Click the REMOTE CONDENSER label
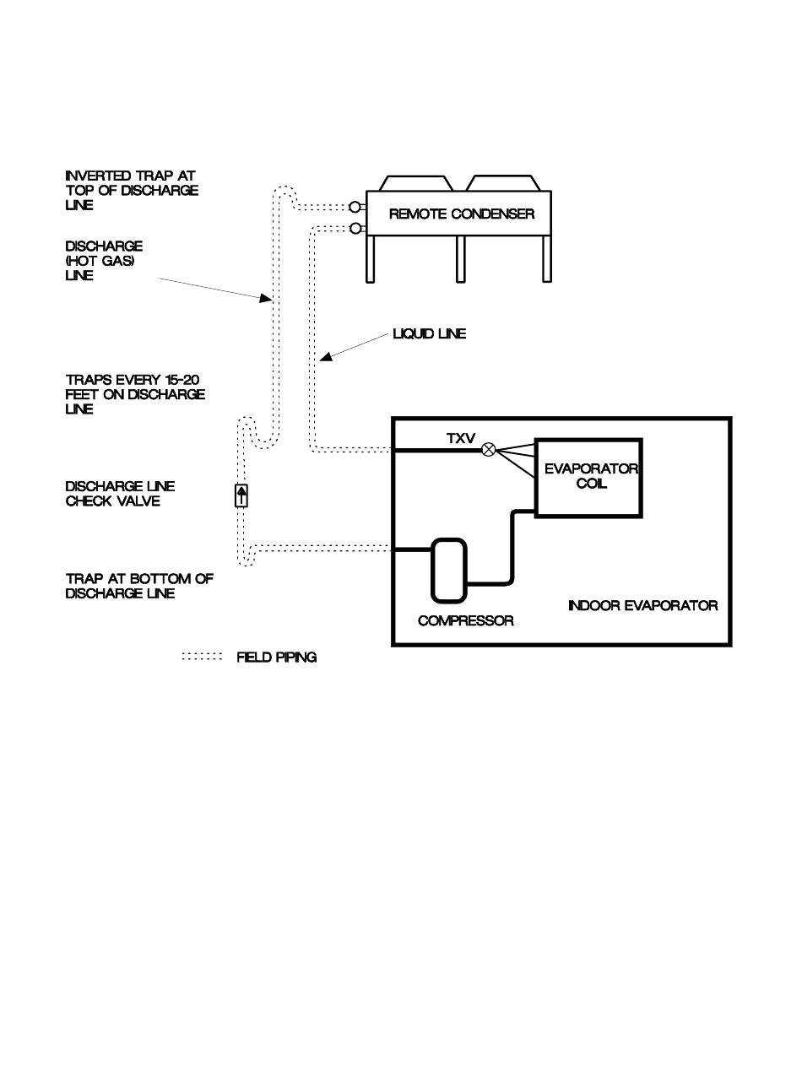coord(461,214)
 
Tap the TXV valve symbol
coord(488,451)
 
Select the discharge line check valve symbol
coord(241,495)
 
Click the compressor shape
coord(449,571)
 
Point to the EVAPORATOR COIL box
coord(588,478)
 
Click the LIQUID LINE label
coord(429,334)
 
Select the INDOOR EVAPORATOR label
coord(642,605)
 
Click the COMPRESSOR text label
coord(465,621)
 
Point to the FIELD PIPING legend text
coord(276,658)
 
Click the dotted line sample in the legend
coord(203,657)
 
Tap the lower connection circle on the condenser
coord(355,228)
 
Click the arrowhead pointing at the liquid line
coord(325,359)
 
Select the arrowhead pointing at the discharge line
coord(267,298)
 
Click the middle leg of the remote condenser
coord(460,258)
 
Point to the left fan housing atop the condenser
coord(415,183)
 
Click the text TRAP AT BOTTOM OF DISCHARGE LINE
coord(139,586)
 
